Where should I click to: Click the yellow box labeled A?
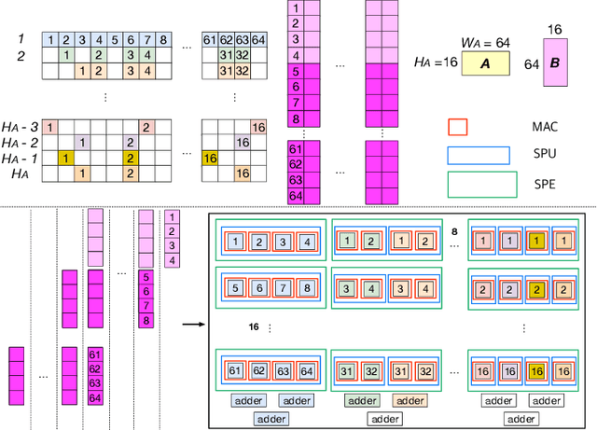coord(483,62)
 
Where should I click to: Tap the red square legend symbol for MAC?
coord(458,126)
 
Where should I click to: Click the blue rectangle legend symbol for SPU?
coord(479,155)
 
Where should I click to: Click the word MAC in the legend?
coord(544,126)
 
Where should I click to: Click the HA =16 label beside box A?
coord(433,62)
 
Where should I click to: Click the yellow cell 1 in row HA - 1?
coord(64,159)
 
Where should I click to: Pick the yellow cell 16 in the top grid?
coord(209,159)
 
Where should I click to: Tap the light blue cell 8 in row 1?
coord(163,40)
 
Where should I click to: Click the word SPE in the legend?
coord(544,184)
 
